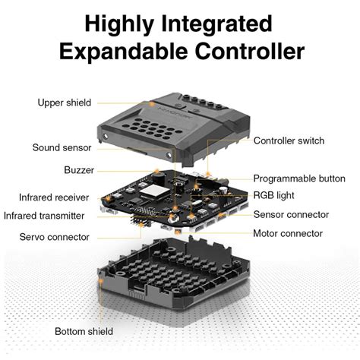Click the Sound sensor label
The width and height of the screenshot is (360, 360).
(x=62, y=147)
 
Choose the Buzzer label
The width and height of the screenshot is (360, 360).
(x=79, y=170)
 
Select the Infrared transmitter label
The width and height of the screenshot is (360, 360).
(x=44, y=216)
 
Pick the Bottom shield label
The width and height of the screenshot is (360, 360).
(x=84, y=331)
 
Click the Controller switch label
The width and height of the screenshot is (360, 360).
(x=289, y=141)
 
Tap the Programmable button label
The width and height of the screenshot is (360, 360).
(x=298, y=178)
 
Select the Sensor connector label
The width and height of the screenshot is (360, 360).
(x=291, y=215)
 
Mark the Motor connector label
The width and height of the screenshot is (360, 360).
(x=288, y=234)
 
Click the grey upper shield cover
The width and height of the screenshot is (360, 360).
(x=182, y=125)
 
